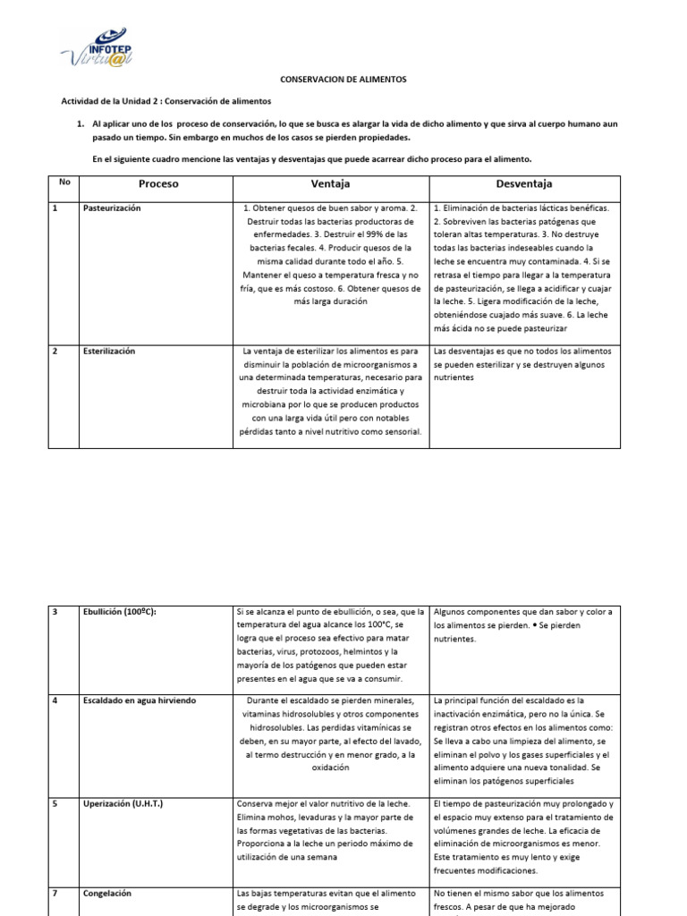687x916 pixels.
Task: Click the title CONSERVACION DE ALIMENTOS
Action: (343, 80)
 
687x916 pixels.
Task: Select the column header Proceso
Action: (158, 183)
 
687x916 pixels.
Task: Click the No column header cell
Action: (64, 182)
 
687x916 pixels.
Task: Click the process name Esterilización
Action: (109, 352)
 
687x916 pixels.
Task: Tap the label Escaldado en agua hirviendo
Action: (139, 700)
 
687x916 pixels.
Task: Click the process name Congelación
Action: (107, 893)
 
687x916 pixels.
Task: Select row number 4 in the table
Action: (55, 700)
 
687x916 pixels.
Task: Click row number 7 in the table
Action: (55, 893)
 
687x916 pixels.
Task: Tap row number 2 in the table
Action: (55, 352)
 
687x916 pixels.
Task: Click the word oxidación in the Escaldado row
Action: (330, 768)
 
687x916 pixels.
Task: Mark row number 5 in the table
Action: (55, 804)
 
